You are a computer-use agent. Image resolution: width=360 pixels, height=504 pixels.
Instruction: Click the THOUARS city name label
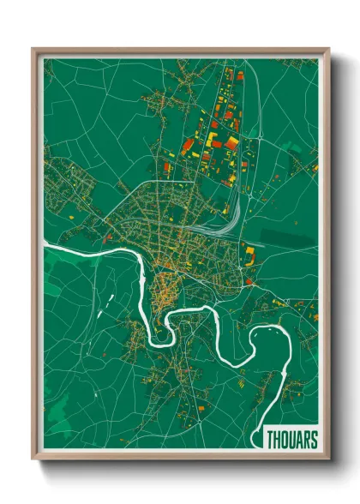(x=291, y=440)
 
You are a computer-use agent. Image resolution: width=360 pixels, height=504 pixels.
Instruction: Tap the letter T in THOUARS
(x=269, y=440)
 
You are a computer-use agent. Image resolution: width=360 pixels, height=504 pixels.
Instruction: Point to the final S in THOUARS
(x=314, y=440)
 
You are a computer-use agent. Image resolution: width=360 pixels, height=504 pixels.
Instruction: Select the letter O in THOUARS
(x=284, y=440)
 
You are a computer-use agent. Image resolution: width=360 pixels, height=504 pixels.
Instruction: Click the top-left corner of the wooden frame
(x=33, y=50)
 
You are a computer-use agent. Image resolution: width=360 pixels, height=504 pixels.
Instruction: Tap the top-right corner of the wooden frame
(x=328, y=50)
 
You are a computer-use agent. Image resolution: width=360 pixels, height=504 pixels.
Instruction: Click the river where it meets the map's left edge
(x=45, y=247)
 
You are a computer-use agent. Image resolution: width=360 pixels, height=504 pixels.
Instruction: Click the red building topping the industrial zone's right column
(x=241, y=75)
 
